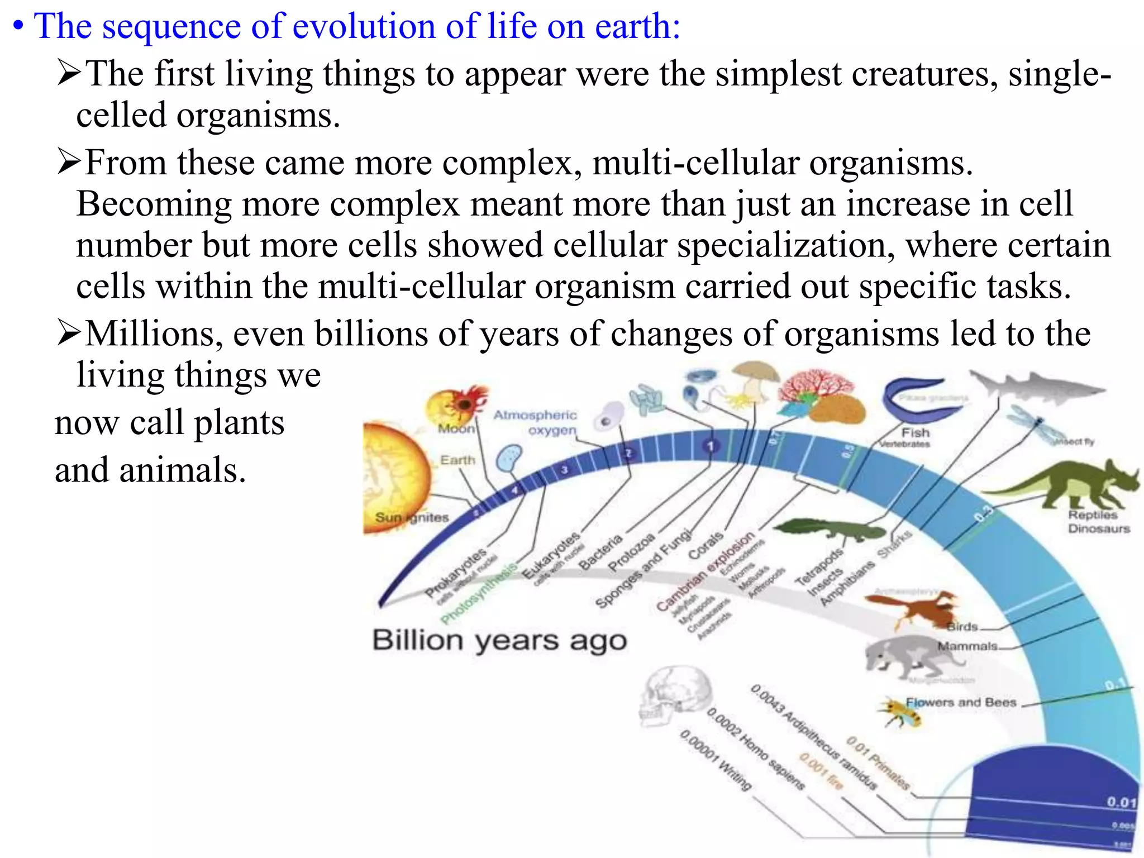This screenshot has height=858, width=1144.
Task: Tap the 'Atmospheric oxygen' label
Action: [535, 422]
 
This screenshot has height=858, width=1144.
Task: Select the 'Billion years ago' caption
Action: [499, 640]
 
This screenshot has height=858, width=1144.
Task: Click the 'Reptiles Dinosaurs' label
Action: [1098, 522]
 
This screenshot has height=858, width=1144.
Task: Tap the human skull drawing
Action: [673, 698]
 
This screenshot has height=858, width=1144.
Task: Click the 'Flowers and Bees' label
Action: [961, 702]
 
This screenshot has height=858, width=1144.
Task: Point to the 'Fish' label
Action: [915, 432]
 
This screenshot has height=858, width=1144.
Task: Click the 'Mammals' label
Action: [967, 646]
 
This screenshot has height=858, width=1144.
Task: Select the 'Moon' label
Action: [456, 428]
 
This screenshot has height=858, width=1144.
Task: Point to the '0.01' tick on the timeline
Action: [1121, 802]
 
